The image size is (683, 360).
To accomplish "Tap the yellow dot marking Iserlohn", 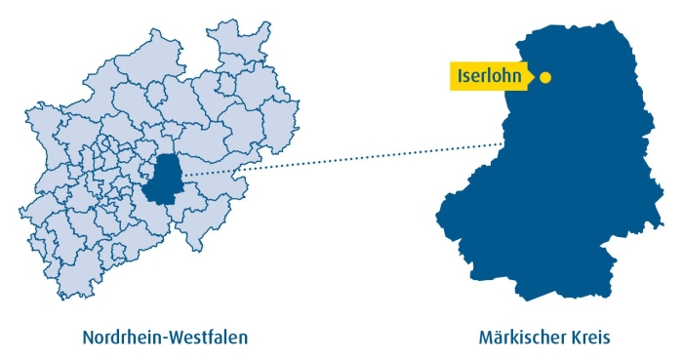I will (x=545, y=77).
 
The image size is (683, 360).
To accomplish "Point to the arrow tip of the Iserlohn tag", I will (x=532, y=76).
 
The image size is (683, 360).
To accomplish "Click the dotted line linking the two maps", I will (x=341, y=159).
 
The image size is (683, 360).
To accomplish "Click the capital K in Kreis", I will (x=572, y=338).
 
